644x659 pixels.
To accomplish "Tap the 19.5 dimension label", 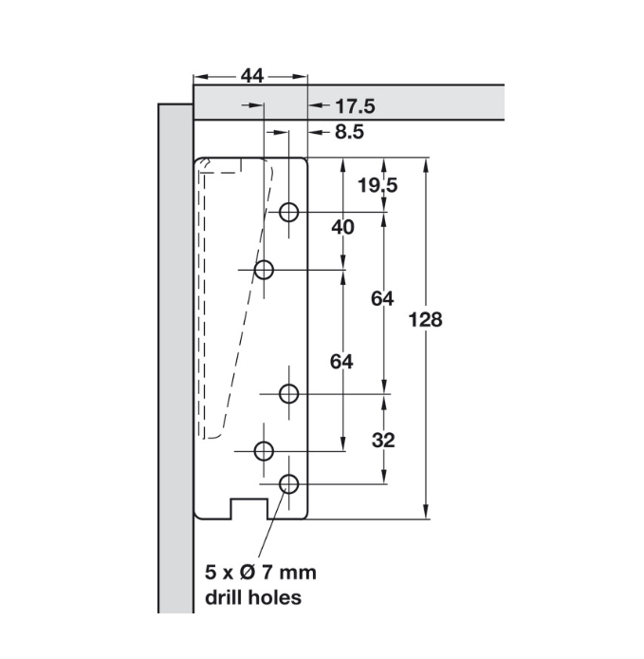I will [378, 184].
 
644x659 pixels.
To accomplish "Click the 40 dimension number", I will [343, 227].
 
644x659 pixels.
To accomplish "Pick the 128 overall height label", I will [424, 319].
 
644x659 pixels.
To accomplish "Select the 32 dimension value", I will [383, 440].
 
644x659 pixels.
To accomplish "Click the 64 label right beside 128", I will [382, 298].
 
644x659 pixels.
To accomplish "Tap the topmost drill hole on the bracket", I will [291, 212].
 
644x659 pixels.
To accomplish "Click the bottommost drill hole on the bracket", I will [289, 484].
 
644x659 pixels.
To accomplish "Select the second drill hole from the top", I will [265, 271].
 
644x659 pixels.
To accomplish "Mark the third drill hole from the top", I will [290, 392].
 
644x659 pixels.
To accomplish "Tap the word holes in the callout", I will [276, 597].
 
